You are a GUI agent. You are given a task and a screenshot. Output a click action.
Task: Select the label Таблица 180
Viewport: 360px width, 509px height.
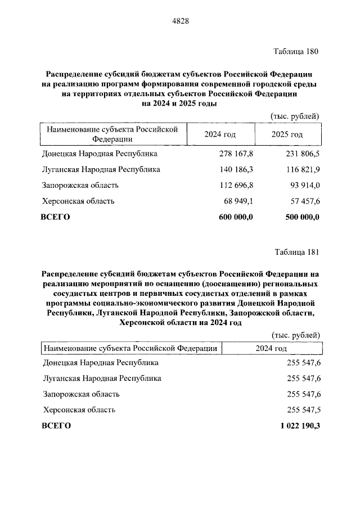pos(296,52)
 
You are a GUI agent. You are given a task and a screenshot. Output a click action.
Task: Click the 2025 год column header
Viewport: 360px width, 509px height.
pos(287,134)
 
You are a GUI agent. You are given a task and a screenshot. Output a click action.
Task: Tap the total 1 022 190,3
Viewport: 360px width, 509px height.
pos(300,426)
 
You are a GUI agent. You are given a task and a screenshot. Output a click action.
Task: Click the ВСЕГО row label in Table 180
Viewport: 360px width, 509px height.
pos(55,217)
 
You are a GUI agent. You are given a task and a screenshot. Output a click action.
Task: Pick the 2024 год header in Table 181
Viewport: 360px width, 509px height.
pos(271,349)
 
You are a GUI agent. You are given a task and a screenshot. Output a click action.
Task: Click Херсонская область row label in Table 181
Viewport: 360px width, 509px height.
pos(79,409)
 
